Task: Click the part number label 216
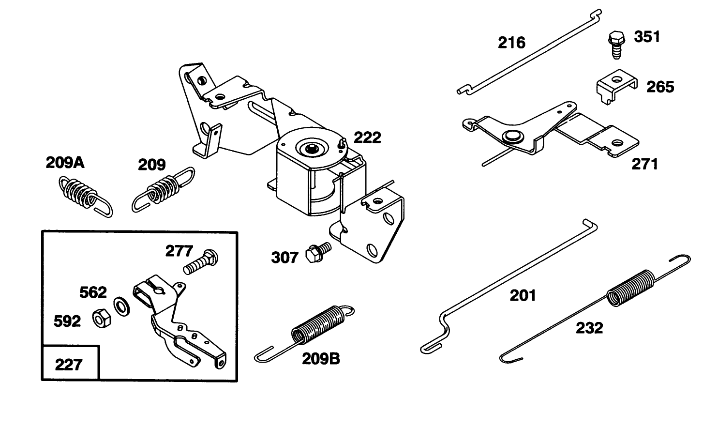511,43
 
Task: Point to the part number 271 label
645,165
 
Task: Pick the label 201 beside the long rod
523,295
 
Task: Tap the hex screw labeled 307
317,252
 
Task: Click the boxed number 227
69,364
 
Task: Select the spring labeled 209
163,189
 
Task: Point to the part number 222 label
367,137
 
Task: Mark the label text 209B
321,359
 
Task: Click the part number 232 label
589,328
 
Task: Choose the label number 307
284,257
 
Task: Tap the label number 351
647,37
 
